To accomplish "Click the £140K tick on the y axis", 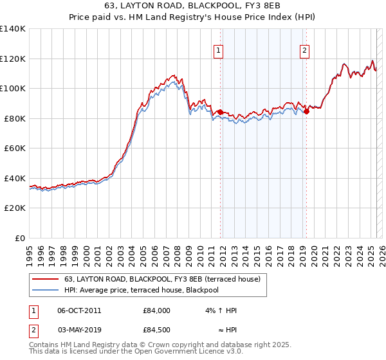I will (x=13, y=29).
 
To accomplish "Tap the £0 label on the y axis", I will (x=21, y=238).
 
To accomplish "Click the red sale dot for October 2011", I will (x=220, y=113).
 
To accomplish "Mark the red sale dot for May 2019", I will (x=306, y=112).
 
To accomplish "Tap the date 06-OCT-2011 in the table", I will (x=79, y=311).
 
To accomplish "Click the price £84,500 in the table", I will (x=156, y=330).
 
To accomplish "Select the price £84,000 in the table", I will (x=156, y=311).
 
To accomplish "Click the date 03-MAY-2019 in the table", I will (x=79, y=330).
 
